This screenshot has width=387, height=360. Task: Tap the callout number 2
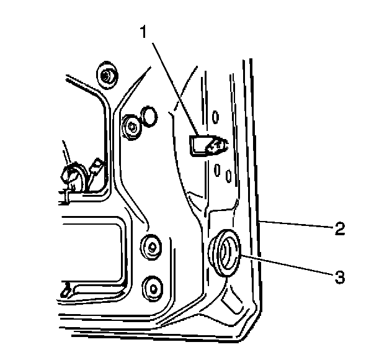coord(339,228)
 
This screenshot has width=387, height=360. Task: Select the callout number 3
coord(339,277)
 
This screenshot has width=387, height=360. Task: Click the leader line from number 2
coord(298,225)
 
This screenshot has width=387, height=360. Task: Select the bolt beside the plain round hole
coord(131,127)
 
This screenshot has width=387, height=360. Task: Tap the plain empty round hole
coord(149,115)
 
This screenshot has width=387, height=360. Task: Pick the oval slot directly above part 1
coord(215,115)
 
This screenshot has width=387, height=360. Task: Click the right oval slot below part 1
coord(228,176)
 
